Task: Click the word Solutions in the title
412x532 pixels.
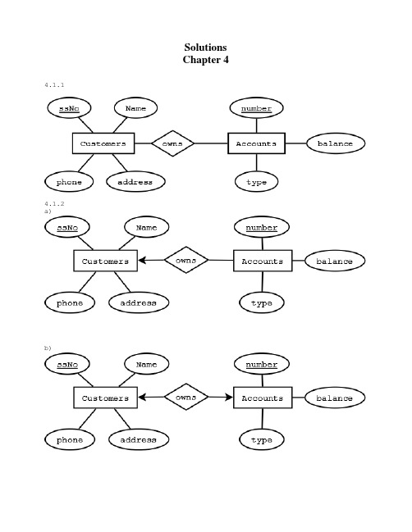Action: [x=205, y=48]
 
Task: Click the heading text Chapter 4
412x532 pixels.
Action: [x=205, y=60]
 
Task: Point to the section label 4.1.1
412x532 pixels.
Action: [x=54, y=84]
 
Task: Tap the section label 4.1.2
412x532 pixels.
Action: [x=54, y=203]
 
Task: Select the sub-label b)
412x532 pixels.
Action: [x=48, y=348]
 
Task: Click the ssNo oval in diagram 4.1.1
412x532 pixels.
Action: [x=69, y=108]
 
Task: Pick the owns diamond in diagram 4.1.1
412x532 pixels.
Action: [x=172, y=143]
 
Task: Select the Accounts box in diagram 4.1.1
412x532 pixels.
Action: [x=256, y=143]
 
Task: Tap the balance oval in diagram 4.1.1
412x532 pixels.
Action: [x=336, y=143]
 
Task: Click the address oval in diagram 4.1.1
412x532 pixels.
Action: [x=135, y=182]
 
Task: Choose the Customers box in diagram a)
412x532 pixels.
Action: [x=106, y=261]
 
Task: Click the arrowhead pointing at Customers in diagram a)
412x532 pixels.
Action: [x=143, y=261]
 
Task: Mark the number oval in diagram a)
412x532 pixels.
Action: [x=262, y=227]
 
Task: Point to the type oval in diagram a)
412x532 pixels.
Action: [x=262, y=303]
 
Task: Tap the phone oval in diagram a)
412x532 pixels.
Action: [x=70, y=303]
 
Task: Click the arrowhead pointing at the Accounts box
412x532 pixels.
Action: [x=229, y=398]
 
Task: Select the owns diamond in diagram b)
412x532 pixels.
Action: [x=186, y=397]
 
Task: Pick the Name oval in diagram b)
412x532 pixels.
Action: [x=146, y=364]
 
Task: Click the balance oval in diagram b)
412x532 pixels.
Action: [x=335, y=398]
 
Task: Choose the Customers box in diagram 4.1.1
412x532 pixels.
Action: [x=103, y=143]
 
